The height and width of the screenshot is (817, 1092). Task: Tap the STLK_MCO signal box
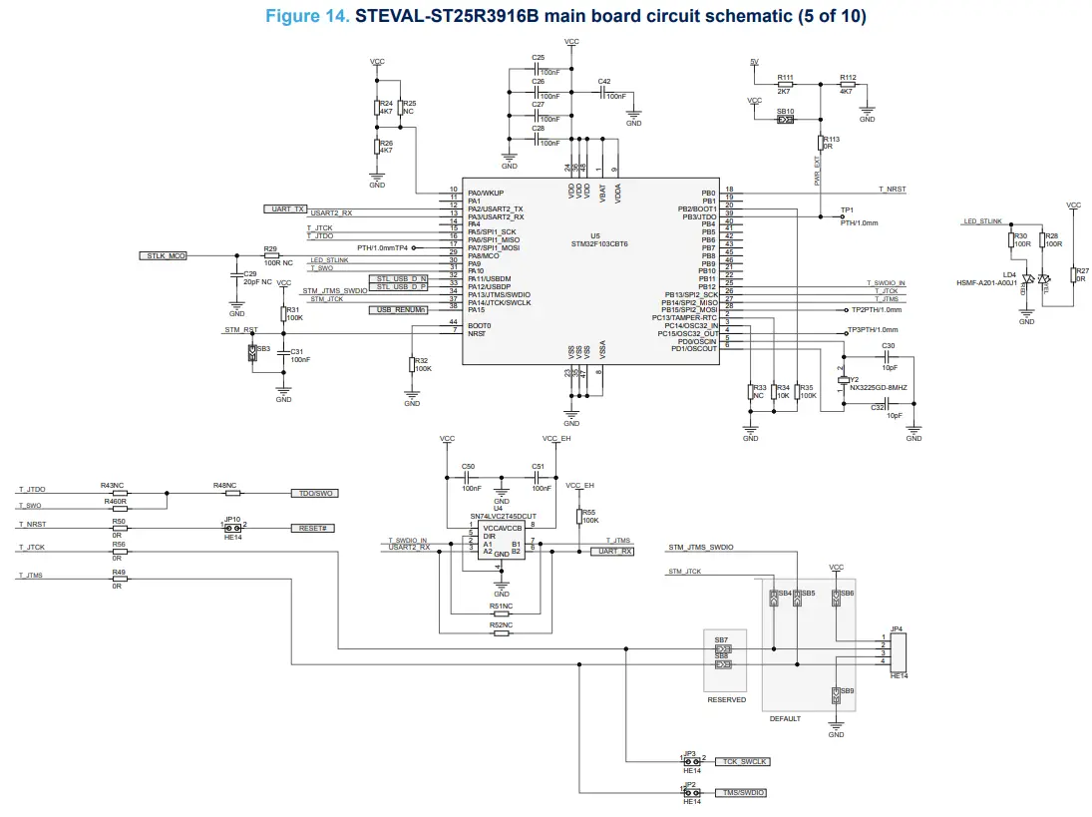click(x=162, y=256)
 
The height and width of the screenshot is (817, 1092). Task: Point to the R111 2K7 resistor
click(x=785, y=86)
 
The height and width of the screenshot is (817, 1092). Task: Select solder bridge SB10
click(x=785, y=120)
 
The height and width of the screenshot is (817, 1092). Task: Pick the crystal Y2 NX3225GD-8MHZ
click(x=844, y=380)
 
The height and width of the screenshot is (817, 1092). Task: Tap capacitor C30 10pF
click(x=888, y=354)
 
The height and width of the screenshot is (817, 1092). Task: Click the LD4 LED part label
click(x=1010, y=274)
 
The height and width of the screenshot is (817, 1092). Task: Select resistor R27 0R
click(x=1073, y=274)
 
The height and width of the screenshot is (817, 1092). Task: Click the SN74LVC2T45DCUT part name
click(x=496, y=516)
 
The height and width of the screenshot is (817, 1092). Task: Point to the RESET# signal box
click(x=310, y=527)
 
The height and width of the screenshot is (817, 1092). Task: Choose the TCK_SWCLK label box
click(x=743, y=761)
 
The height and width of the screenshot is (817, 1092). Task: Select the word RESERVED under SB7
click(x=726, y=700)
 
